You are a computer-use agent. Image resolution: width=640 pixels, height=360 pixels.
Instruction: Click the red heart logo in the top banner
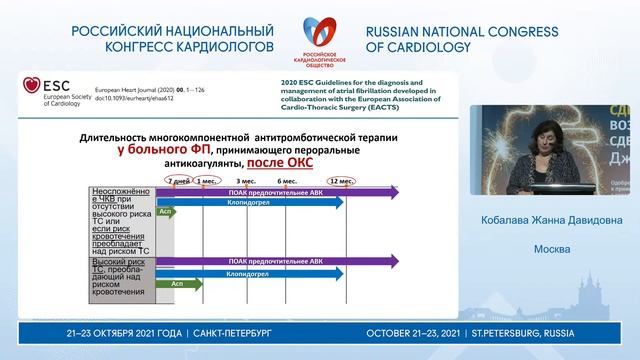tap(320, 27)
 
